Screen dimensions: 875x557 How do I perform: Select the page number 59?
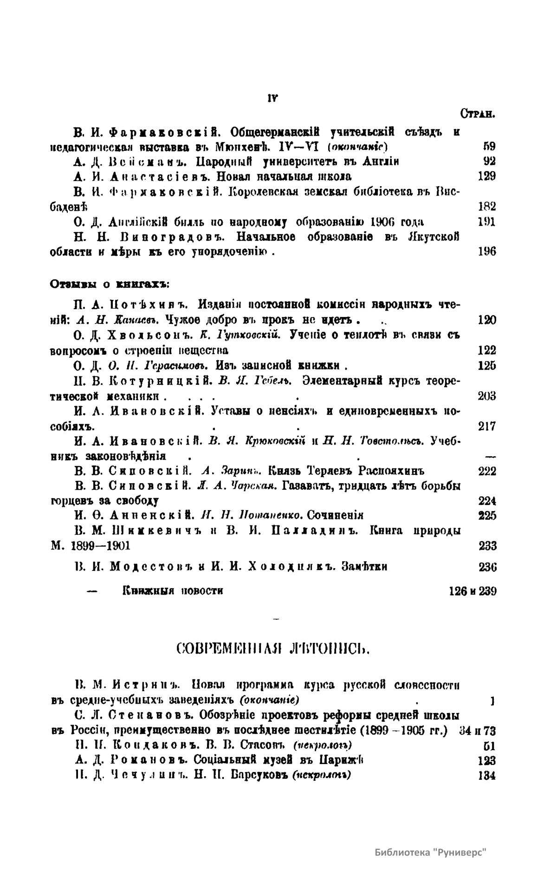click(489, 147)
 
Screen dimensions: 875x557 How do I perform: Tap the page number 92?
click(489, 162)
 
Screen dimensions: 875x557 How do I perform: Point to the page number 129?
click(486, 176)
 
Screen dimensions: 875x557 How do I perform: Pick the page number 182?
click(486, 207)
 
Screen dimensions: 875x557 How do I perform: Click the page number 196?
click(486, 252)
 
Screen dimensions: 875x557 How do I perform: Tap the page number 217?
click(486, 426)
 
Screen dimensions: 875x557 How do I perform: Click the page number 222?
click(486, 471)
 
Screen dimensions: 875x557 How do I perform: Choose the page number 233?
click(487, 546)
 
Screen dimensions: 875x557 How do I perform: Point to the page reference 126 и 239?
click(473, 591)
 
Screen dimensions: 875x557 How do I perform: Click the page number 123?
click(486, 761)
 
